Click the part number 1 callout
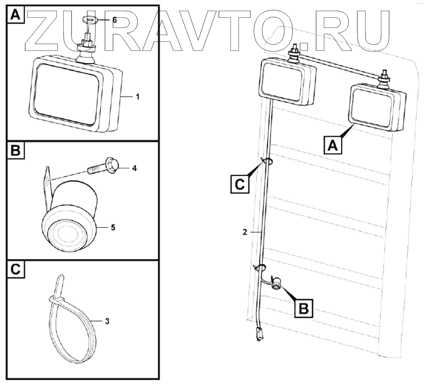tap(138, 97)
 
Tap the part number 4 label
tap(134, 168)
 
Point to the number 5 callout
tap(113, 227)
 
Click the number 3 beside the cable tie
tap(107, 321)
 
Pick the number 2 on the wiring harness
tap(244, 232)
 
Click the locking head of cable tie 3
tap(56, 299)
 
